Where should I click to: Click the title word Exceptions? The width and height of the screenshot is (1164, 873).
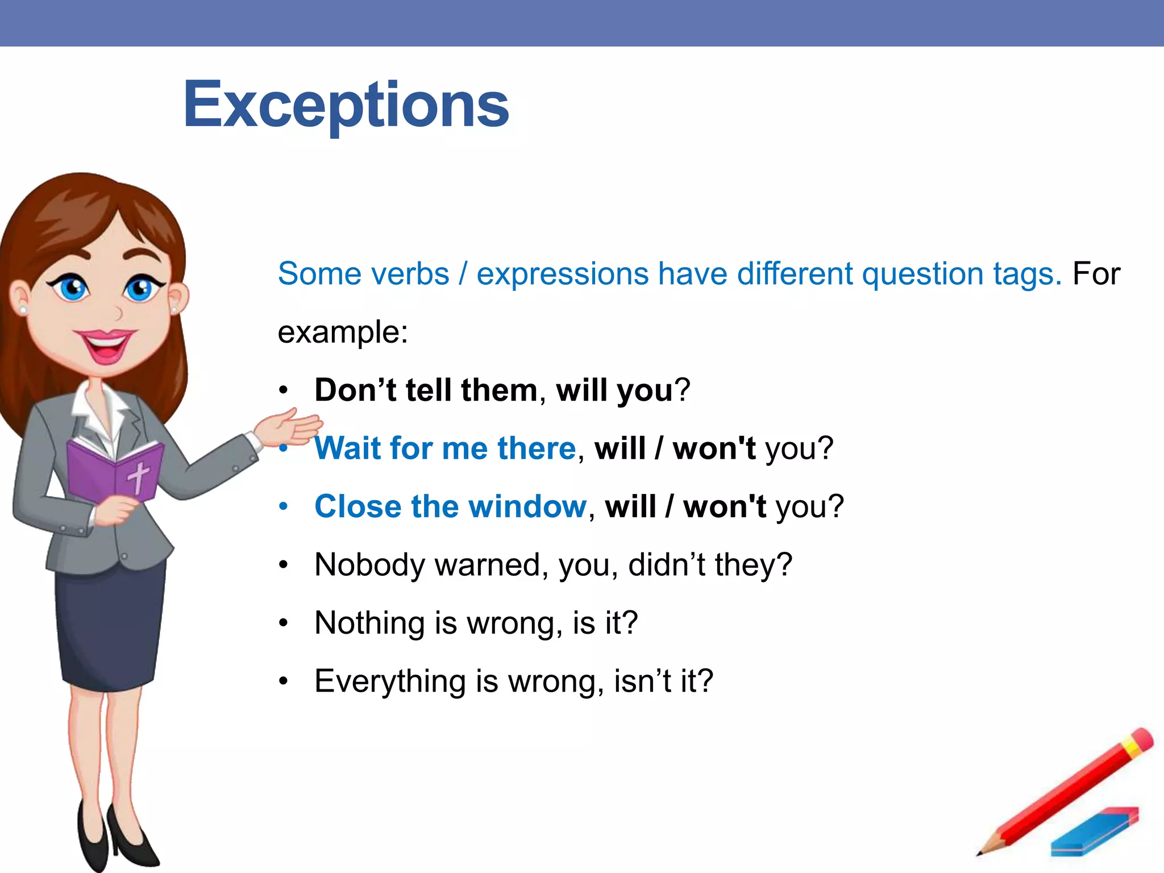pos(346,105)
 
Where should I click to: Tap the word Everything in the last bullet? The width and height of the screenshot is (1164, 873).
pos(390,681)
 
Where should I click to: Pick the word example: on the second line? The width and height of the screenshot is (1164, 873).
pos(343,332)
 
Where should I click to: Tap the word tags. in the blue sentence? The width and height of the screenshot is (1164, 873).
pos(1027,274)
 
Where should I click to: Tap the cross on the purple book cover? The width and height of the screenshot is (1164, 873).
pos(138,476)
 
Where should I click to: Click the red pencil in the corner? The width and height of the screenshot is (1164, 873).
pos(1069,790)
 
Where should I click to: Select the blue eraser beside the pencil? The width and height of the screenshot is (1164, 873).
pos(1094,832)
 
